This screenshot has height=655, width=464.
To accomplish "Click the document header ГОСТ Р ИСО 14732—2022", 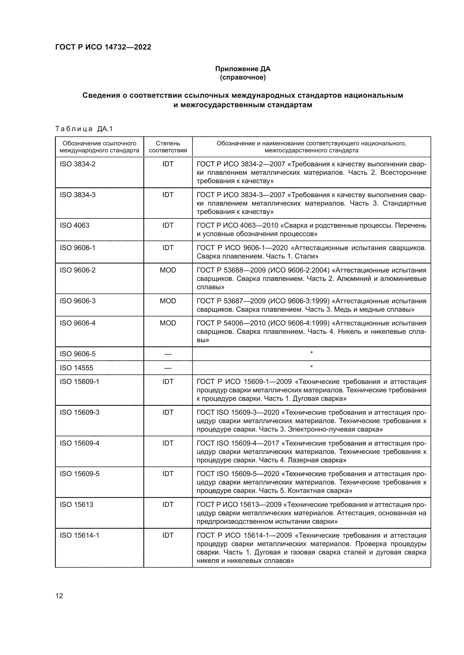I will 103,47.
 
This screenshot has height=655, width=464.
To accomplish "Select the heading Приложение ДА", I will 243,69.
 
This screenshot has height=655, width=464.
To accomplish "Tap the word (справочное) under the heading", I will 243,77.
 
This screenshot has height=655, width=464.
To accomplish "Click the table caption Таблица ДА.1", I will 84,129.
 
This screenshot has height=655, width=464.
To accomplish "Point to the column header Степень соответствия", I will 168,147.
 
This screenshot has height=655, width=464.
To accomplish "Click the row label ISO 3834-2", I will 77,164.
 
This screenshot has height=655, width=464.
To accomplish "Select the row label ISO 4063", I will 74,225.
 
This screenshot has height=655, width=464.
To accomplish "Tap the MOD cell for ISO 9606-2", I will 168,270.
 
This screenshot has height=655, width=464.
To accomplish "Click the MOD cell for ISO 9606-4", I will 168,323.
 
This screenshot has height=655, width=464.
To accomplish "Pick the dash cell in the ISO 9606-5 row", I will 168,354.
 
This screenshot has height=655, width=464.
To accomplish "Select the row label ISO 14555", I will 76,368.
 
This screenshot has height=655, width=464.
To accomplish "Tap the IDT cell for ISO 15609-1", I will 168,382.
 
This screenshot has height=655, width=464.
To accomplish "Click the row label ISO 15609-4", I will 79,443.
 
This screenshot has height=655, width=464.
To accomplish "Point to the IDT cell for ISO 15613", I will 168,505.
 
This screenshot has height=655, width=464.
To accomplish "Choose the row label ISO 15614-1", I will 79,535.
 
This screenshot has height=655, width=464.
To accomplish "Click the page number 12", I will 59,596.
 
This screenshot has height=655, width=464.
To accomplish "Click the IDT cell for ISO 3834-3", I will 168,195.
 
